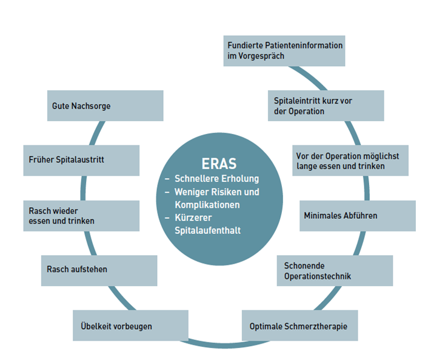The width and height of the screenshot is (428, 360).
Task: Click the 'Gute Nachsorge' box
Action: pyautogui.click(x=105, y=106)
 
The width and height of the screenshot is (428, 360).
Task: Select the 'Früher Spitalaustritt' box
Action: pyautogui.click(x=81, y=160)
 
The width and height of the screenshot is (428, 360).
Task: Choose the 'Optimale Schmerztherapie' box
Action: pyautogui.click(x=298, y=326)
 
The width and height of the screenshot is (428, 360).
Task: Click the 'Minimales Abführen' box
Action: pyautogui.click(x=357, y=216)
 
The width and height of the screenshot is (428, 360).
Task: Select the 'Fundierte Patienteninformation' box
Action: pyautogui.click(x=284, y=50)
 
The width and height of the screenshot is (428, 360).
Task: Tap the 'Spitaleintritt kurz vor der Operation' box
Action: pyautogui.click(x=326, y=105)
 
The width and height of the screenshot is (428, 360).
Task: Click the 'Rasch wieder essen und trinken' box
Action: pyautogui.click(x=81, y=216)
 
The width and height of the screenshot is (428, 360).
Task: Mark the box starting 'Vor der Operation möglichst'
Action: pyautogui.click(x=350, y=160)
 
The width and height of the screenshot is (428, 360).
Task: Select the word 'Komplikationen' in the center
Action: pyautogui.click(x=207, y=205)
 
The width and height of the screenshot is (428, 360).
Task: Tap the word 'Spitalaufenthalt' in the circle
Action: pyautogui.click(x=207, y=230)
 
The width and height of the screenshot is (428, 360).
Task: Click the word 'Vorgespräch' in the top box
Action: pyautogui.click(x=262, y=56)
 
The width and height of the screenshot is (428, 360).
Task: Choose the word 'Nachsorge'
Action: pyautogui.click(x=92, y=106)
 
